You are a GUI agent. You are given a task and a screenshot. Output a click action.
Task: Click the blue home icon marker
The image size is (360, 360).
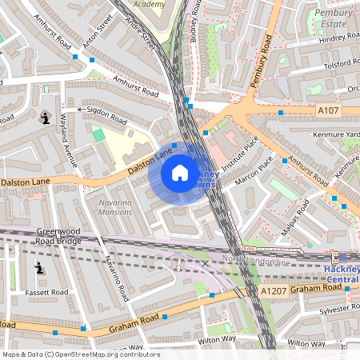tap(180, 173)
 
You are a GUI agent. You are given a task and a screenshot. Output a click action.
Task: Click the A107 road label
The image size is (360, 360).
tap(329, 110)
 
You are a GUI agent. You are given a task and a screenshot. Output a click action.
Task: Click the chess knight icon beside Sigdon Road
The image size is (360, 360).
tap(44, 118)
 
